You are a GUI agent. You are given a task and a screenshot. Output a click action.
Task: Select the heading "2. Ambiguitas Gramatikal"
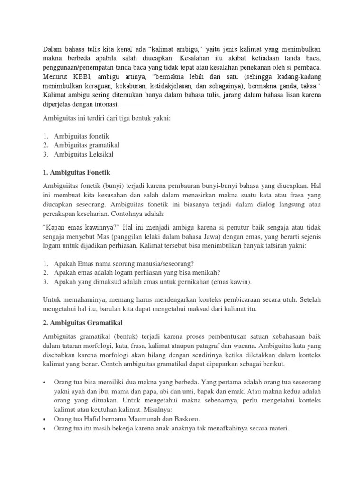[x=83, y=323]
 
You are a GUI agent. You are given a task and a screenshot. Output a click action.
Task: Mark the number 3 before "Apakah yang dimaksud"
[x=45, y=282]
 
